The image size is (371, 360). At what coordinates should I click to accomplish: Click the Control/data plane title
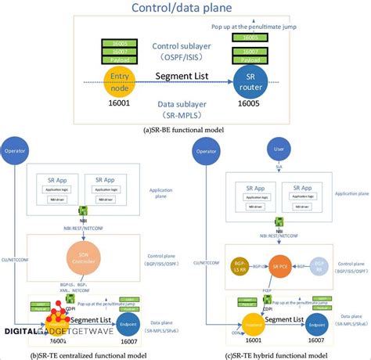(185, 9)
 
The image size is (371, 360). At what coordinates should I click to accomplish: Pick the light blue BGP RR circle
(319, 266)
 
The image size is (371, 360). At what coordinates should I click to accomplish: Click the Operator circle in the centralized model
(24, 149)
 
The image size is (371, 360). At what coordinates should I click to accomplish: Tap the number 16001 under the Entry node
(120, 103)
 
